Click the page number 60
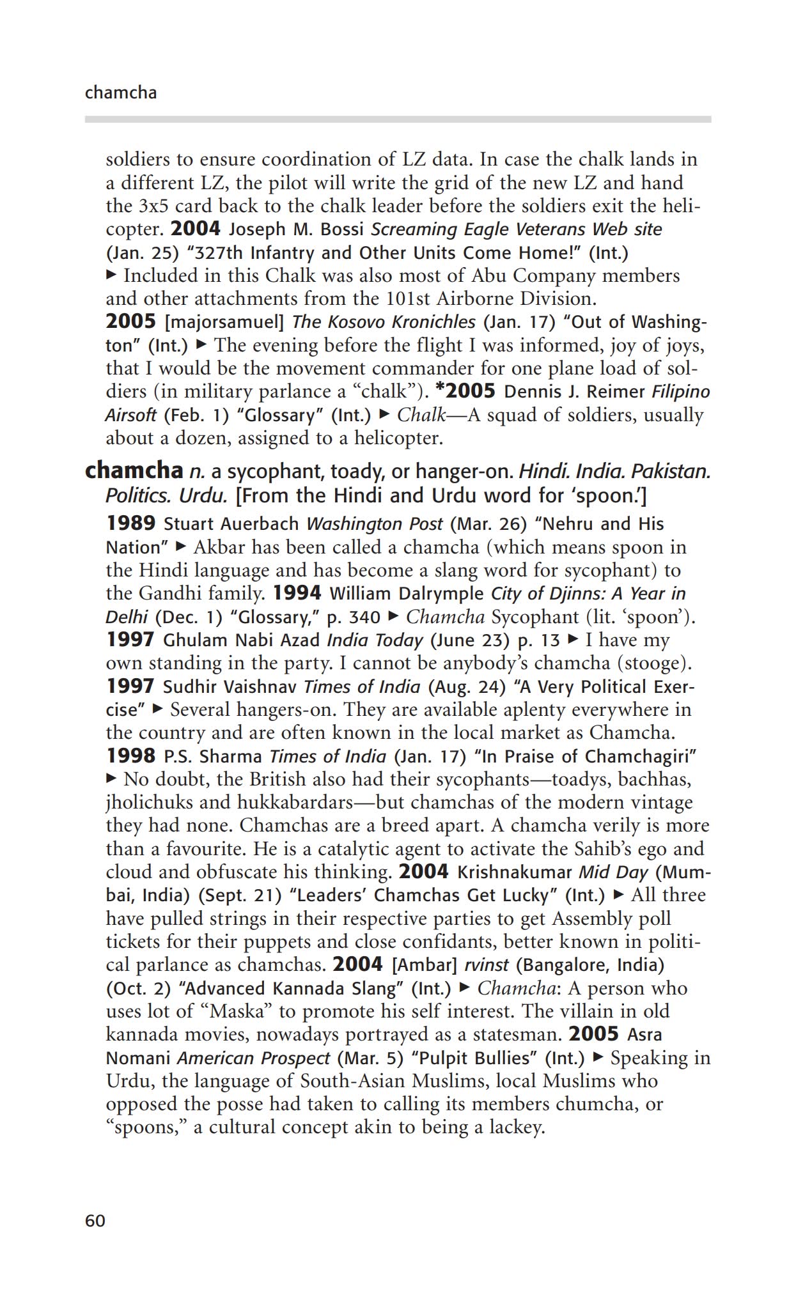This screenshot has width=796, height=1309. tap(95, 1221)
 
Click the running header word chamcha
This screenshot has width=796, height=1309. tap(120, 93)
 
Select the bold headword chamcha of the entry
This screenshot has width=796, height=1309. tap(134, 470)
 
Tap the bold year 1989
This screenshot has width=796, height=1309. tap(130, 523)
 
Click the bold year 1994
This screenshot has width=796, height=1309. tap(297, 593)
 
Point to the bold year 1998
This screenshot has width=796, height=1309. tap(130, 756)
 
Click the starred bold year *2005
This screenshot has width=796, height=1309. tap(465, 391)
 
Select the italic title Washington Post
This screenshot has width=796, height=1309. tap(374, 524)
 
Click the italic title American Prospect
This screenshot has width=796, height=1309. tap(253, 1058)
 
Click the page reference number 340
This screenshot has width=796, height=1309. tap(365, 617)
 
